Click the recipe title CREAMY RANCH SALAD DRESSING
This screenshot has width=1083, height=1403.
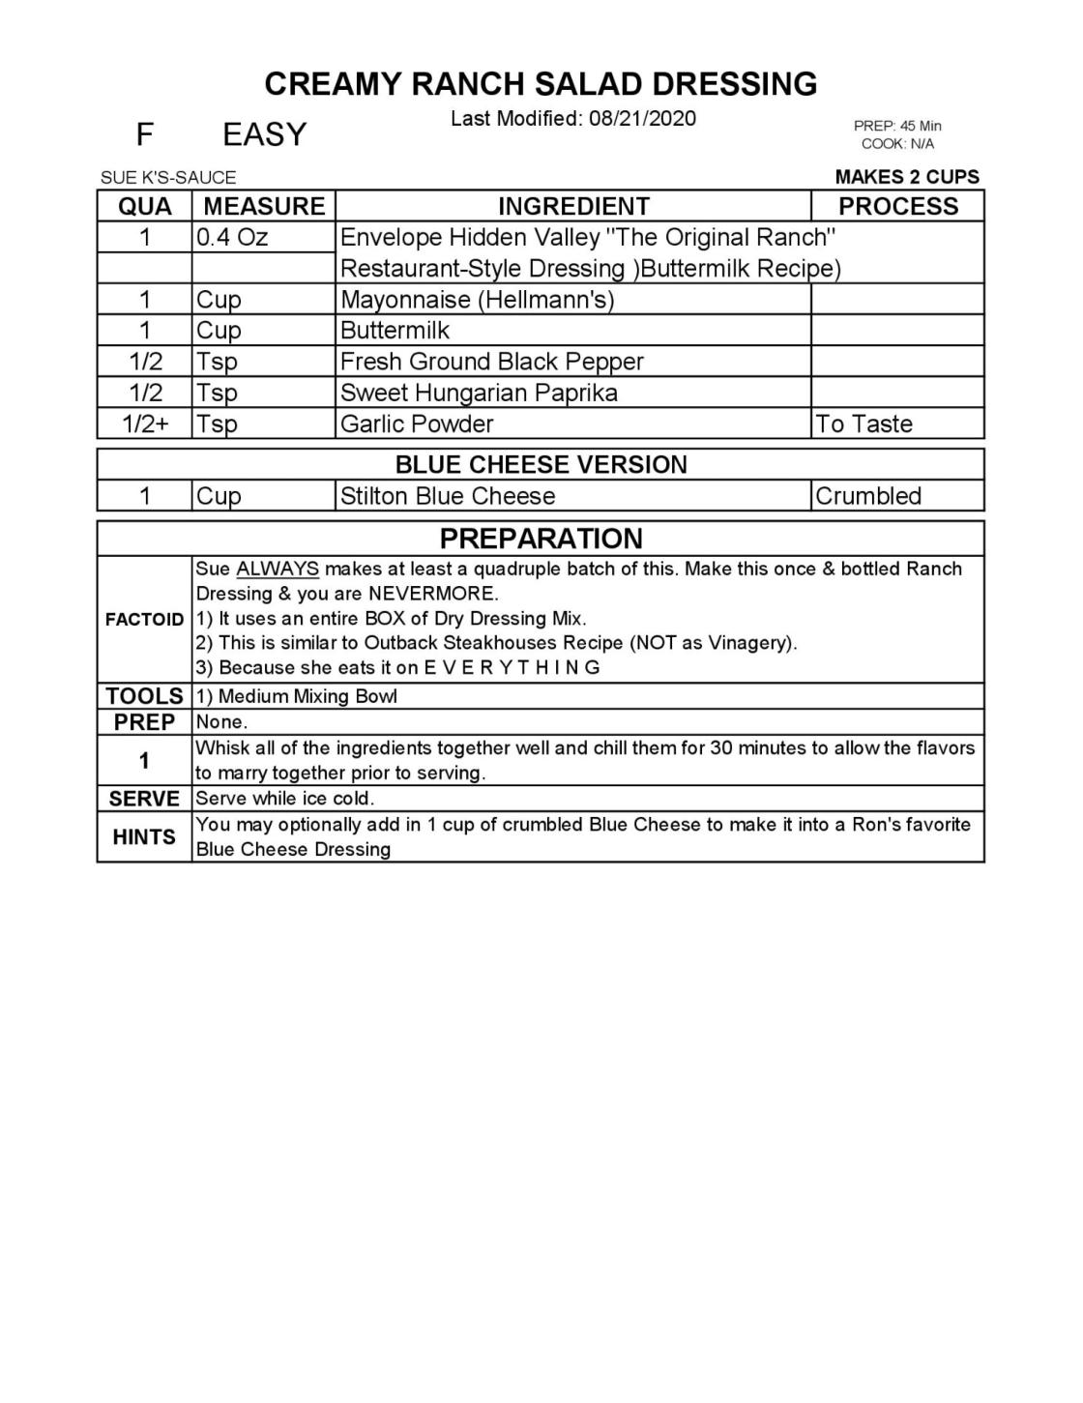[x=541, y=84]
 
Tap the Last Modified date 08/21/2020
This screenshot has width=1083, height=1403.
[x=642, y=119]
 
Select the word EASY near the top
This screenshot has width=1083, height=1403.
[x=264, y=134]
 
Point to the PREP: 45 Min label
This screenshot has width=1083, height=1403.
[x=897, y=126]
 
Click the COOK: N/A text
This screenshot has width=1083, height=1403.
[x=897, y=144]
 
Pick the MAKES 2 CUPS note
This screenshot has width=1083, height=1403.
[x=906, y=177]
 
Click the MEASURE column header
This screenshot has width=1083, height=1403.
[x=264, y=206]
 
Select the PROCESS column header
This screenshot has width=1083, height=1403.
[x=897, y=206]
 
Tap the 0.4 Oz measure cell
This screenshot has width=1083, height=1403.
[x=232, y=238]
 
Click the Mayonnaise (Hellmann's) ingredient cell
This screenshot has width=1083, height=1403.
[x=477, y=300]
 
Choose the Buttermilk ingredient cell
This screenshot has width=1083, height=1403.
[x=395, y=331]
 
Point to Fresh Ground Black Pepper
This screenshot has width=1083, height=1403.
[x=491, y=362]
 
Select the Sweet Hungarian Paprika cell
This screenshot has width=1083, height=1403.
[x=479, y=393]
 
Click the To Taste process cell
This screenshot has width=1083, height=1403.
[x=863, y=424]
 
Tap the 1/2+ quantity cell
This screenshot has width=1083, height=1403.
[x=145, y=424]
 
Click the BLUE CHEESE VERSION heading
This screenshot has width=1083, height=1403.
[x=541, y=464]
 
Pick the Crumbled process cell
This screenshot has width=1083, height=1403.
[x=867, y=496]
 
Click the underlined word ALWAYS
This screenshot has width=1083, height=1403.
[x=278, y=569]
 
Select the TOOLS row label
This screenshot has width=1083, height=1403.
[x=145, y=696]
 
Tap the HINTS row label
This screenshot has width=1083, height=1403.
[x=145, y=836]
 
